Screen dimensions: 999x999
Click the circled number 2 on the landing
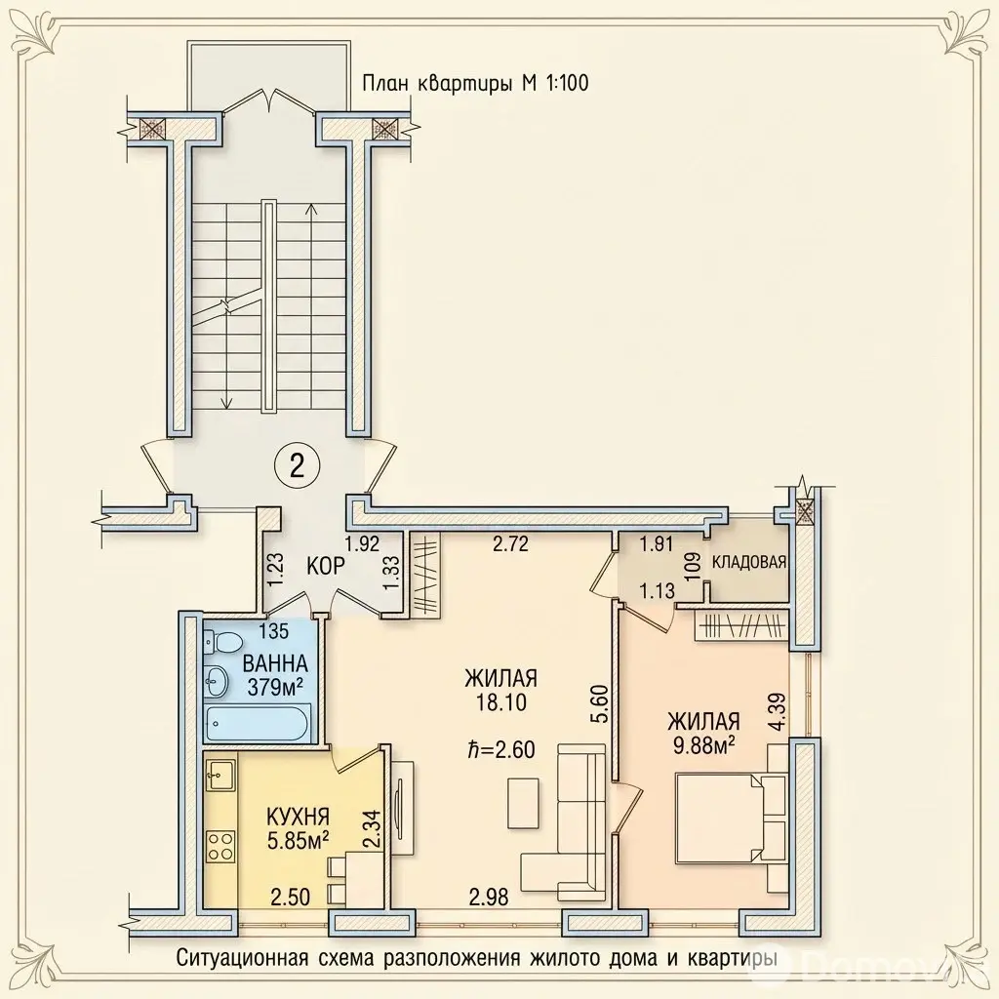point(297,467)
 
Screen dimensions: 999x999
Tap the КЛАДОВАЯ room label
point(748,562)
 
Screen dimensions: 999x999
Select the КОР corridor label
point(326,566)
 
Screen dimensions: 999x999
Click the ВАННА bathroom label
point(275,663)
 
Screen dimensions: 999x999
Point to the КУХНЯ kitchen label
point(298,817)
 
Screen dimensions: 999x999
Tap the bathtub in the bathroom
point(258,723)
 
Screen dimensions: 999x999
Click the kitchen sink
point(220,776)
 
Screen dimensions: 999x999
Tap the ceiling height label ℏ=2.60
point(499,749)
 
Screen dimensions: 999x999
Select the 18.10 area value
point(500,702)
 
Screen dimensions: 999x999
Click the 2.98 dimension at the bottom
point(489,898)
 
